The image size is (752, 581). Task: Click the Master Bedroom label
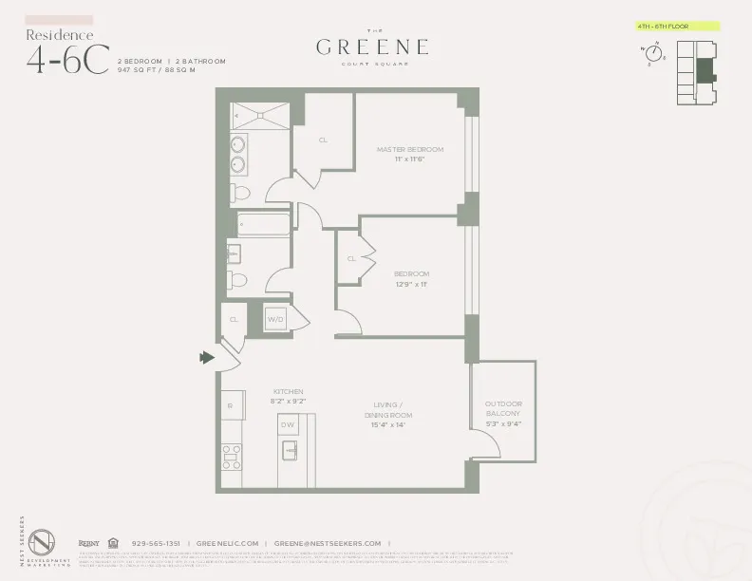(x=409, y=149)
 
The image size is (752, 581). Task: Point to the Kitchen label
(x=288, y=390)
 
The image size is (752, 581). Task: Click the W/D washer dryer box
(x=276, y=320)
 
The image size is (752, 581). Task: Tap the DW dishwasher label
(x=289, y=425)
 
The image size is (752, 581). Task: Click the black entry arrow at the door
(x=206, y=358)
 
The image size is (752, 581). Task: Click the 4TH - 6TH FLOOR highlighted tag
(x=678, y=27)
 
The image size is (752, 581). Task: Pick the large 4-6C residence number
(x=67, y=58)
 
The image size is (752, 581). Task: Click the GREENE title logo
(x=371, y=47)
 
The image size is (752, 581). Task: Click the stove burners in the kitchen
(x=232, y=457)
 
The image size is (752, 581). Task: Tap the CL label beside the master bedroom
(x=323, y=140)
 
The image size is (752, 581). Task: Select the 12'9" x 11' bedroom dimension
(x=411, y=284)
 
